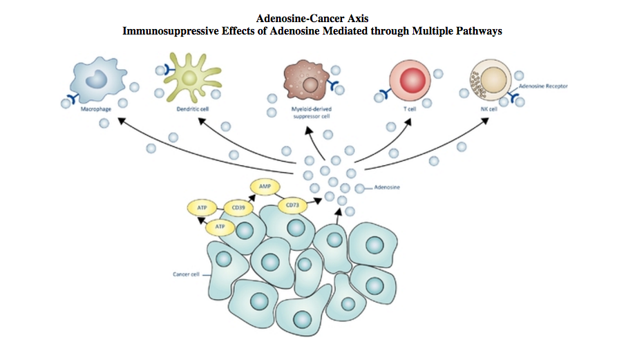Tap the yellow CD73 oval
tap(291, 205)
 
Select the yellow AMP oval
tap(264, 187)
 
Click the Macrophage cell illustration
tap(99, 80)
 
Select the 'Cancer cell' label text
tap(186, 274)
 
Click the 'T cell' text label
tap(409, 109)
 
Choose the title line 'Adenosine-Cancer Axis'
tap(317, 18)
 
